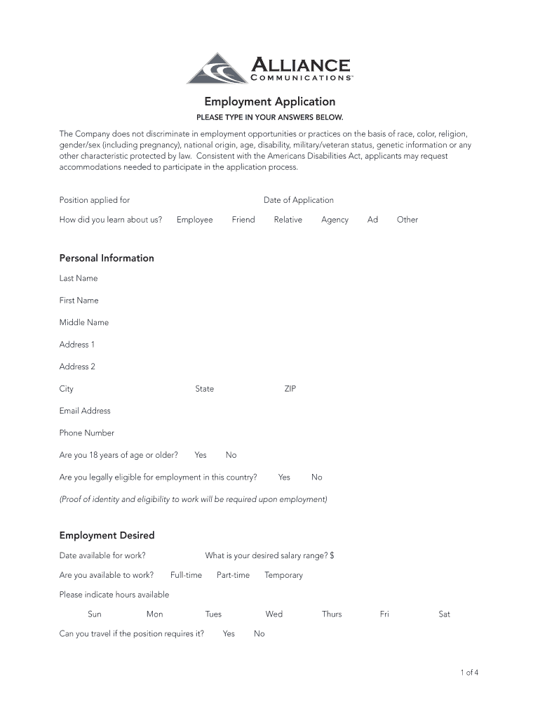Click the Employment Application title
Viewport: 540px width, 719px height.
[270, 102]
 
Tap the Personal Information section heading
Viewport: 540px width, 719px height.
[107, 258]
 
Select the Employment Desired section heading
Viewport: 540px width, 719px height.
[107, 536]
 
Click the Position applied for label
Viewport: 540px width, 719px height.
[95, 200]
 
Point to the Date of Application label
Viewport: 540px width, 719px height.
[299, 200]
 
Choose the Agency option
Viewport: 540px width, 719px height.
[335, 220]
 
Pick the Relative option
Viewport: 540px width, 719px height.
[288, 220]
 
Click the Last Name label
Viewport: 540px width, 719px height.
[79, 278]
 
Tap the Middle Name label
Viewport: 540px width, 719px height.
[84, 322]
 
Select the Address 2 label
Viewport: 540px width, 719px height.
[77, 367]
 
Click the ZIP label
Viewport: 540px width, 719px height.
[290, 389]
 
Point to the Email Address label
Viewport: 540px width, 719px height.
[85, 411]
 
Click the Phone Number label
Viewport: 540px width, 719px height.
[87, 433]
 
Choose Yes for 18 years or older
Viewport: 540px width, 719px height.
[201, 455]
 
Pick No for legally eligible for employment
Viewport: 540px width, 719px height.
[317, 477]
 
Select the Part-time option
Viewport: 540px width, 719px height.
[233, 575]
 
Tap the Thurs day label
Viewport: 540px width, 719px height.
[332, 614]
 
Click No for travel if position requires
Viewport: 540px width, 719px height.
[259, 634]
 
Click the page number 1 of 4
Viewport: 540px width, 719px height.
[470, 673]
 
